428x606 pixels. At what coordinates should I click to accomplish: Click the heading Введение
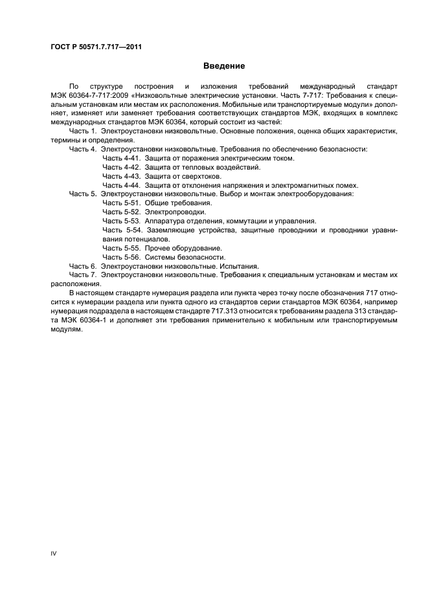pyautogui.click(x=224, y=66)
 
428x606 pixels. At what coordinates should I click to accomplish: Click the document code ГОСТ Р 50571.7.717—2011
pyautogui.click(x=96, y=47)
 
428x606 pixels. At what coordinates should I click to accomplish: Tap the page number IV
pyautogui.click(x=54, y=554)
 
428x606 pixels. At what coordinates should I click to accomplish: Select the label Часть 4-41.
pyautogui.click(x=121, y=158)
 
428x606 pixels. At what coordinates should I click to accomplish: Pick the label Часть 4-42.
pyautogui.click(x=121, y=167)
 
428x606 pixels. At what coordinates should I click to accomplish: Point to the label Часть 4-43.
pyautogui.click(x=121, y=176)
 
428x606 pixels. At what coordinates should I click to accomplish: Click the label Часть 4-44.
pyautogui.click(x=121, y=185)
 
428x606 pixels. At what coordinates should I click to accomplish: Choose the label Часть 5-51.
pyautogui.click(x=121, y=203)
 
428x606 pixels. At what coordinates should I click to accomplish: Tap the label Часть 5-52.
pyautogui.click(x=121, y=212)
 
